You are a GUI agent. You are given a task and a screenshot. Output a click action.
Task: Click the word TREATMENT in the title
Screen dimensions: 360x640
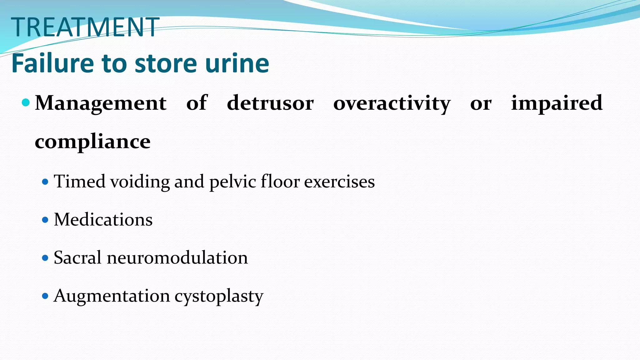click(85, 27)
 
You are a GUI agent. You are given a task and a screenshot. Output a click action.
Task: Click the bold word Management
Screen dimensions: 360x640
click(101, 103)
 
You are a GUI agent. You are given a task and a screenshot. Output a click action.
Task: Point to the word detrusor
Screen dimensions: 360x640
click(270, 103)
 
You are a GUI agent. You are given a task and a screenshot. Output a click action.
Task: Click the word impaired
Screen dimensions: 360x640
click(557, 103)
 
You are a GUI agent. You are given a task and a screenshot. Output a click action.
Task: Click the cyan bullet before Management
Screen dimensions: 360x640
click(26, 102)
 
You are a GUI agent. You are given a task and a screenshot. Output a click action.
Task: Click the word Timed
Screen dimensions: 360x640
click(80, 181)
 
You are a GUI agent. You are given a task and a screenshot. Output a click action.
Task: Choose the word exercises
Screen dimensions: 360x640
click(339, 182)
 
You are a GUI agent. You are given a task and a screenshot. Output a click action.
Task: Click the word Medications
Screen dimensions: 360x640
click(103, 220)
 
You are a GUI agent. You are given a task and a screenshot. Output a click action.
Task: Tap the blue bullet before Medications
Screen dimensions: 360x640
click(45, 220)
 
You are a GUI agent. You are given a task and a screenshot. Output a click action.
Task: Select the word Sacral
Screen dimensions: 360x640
click(78, 258)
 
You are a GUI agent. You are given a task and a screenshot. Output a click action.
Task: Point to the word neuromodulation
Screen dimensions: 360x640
click(177, 258)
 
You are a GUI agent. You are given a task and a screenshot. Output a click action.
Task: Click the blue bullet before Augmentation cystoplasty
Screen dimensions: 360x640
click(45, 296)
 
